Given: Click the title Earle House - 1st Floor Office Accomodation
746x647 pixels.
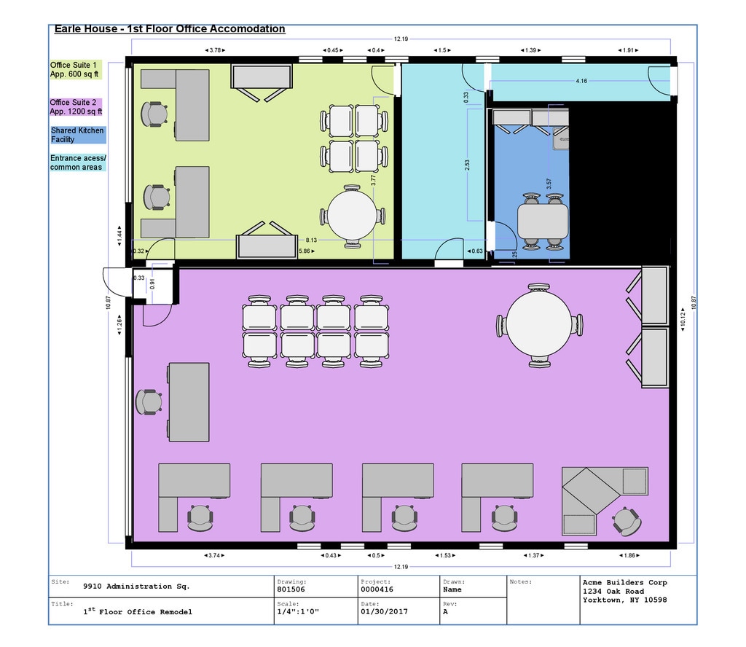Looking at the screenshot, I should [170, 29].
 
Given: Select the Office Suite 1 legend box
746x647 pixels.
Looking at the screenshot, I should [76, 70].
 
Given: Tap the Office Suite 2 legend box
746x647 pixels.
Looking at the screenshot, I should [76, 108].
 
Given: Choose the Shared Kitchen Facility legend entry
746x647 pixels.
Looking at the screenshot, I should [77, 135].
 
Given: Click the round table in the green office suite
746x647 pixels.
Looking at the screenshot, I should [352, 216].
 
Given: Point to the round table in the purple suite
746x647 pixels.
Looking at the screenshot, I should [539, 324].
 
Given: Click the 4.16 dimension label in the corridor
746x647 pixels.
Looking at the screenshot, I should [581, 81].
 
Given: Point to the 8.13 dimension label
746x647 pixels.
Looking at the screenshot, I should [311, 240].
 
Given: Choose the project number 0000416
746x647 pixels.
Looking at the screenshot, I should [377, 589].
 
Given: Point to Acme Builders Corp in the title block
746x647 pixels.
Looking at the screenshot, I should [624, 583].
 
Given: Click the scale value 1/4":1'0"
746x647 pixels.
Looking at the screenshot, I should [297, 612].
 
